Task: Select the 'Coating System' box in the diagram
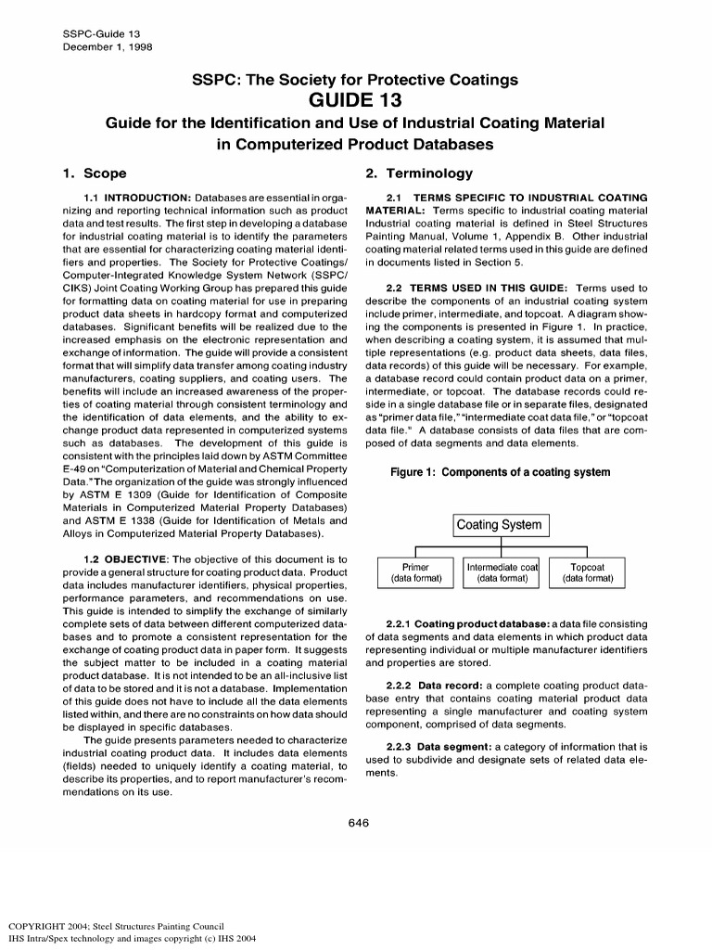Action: point(502,525)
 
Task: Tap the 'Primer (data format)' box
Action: point(414,572)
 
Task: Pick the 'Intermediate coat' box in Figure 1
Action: point(502,572)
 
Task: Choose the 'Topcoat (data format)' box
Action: point(587,572)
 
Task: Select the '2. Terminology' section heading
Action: point(419,173)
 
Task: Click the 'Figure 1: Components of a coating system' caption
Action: point(500,472)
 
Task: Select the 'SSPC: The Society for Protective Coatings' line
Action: point(355,80)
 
